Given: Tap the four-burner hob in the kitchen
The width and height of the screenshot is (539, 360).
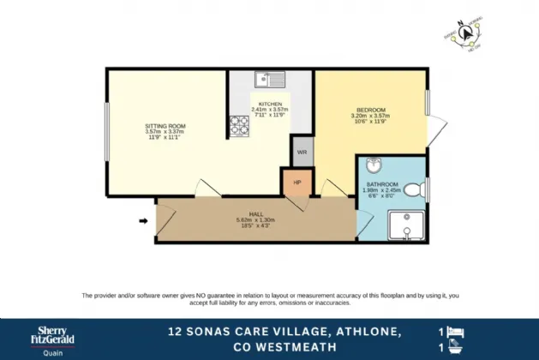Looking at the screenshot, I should (x=237, y=127).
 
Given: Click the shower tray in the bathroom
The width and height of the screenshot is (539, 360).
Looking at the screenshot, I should (x=405, y=225).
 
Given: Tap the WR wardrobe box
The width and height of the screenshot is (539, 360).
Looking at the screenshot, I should (x=302, y=152).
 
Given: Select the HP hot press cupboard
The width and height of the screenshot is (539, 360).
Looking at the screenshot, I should (x=296, y=182).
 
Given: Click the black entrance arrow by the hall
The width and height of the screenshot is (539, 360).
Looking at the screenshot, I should (x=143, y=222).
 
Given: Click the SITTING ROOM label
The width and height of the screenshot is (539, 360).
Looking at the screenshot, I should (x=165, y=126).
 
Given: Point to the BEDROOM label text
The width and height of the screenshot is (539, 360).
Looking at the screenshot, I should (x=371, y=110).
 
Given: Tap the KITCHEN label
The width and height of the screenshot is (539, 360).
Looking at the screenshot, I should (x=271, y=104).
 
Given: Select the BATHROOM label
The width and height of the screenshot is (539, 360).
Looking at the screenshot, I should (x=382, y=184).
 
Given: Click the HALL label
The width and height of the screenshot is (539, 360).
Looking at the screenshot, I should (x=255, y=214).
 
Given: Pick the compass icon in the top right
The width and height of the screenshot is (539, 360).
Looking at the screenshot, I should (x=468, y=34).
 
